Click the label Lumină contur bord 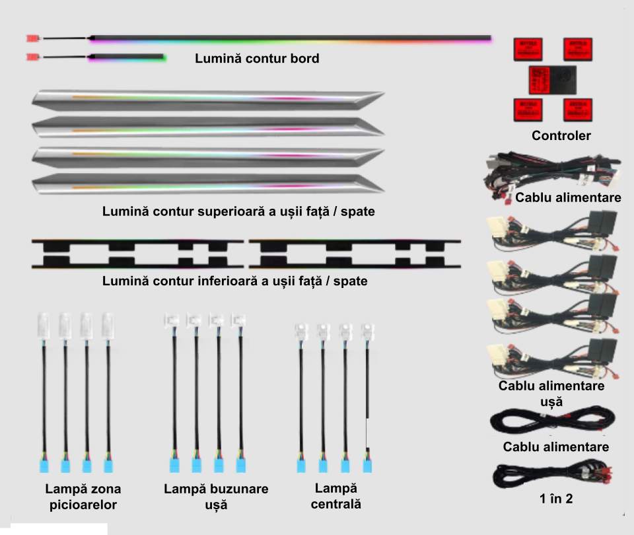point(257,59)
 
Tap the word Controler point(561,136)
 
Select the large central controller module point(552,79)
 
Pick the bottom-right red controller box point(578,109)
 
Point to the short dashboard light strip point(127,57)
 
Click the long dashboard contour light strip point(291,38)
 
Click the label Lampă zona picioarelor point(83,497)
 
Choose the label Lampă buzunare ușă point(216,497)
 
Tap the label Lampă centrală point(335,496)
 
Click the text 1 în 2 point(556,499)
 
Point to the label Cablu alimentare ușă point(551,393)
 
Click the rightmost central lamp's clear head point(367,330)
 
